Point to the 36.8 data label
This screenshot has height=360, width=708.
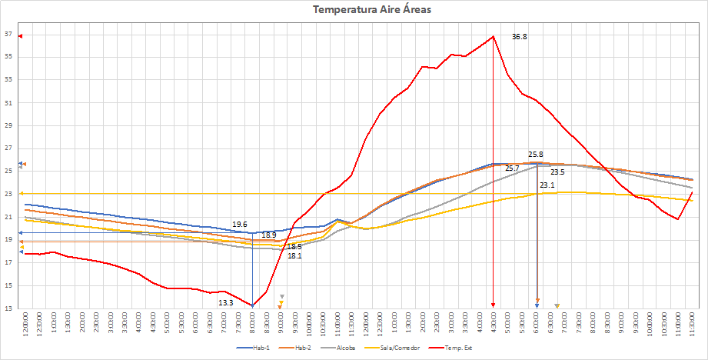point(520,37)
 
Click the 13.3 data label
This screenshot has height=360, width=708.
point(226,303)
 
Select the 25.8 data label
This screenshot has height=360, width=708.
point(536,155)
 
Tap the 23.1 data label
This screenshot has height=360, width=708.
point(547,185)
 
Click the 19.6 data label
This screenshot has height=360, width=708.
point(240,225)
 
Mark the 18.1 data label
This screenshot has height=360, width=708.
point(294,255)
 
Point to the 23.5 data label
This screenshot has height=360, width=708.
point(557,172)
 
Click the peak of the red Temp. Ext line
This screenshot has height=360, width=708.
point(493,36)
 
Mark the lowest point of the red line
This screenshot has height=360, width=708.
point(252,305)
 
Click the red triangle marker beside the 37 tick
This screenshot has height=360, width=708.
point(21,36)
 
